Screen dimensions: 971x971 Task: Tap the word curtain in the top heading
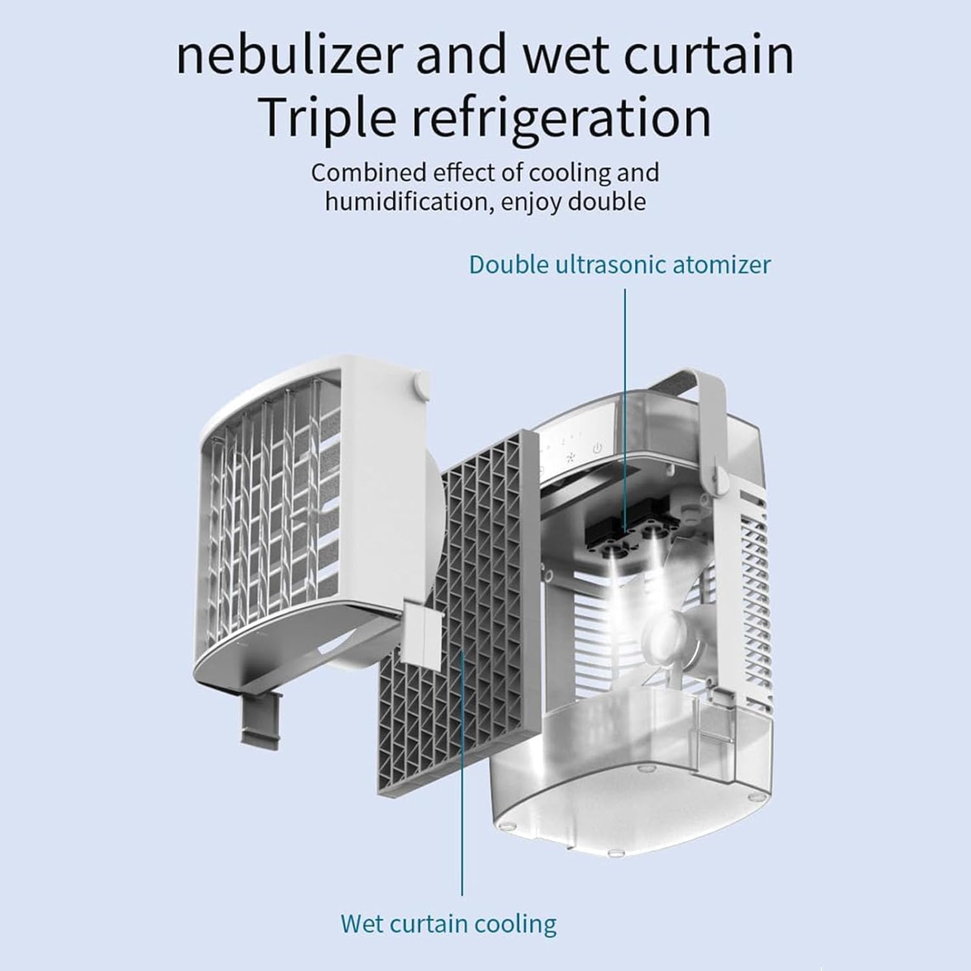coord(712,56)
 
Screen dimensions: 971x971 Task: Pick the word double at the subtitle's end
coord(607,202)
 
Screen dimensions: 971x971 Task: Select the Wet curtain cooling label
coord(448,923)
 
